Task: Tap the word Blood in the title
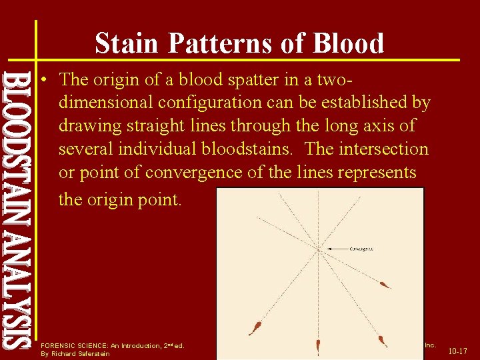348,43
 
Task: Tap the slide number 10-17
457,351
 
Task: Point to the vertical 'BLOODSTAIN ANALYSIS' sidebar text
17,207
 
